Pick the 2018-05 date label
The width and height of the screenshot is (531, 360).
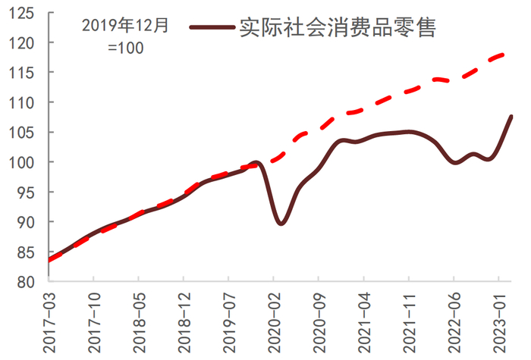point(138,321)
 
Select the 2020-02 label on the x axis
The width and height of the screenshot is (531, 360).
point(273,321)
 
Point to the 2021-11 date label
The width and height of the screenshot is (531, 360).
point(409,321)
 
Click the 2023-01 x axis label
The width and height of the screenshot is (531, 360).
point(499,321)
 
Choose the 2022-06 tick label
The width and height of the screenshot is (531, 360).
point(454,321)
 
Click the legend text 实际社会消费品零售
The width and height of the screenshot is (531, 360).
point(338,27)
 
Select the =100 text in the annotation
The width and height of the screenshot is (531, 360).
point(125,48)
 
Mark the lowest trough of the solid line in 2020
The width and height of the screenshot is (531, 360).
point(281,224)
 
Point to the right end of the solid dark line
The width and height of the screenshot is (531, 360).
point(512,116)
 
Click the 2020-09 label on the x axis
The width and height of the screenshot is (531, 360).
point(319,321)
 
